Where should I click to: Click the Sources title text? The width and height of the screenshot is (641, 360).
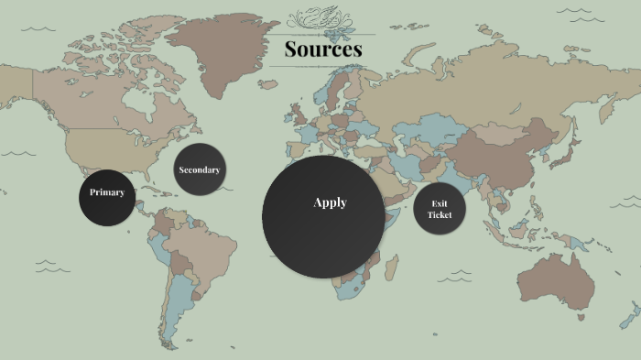tap(322, 49)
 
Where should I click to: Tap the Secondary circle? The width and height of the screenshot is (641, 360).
tap(200, 169)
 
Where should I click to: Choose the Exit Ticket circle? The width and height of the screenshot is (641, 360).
tap(440, 209)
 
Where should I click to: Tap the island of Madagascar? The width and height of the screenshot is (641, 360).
tap(391, 268)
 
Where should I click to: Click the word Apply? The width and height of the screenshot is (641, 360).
tap(330, 202)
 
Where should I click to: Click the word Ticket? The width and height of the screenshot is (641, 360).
tap(440, 214)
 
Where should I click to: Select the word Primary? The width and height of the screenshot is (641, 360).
tap(107, 192)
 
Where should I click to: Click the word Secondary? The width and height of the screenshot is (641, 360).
tap(200, 169)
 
